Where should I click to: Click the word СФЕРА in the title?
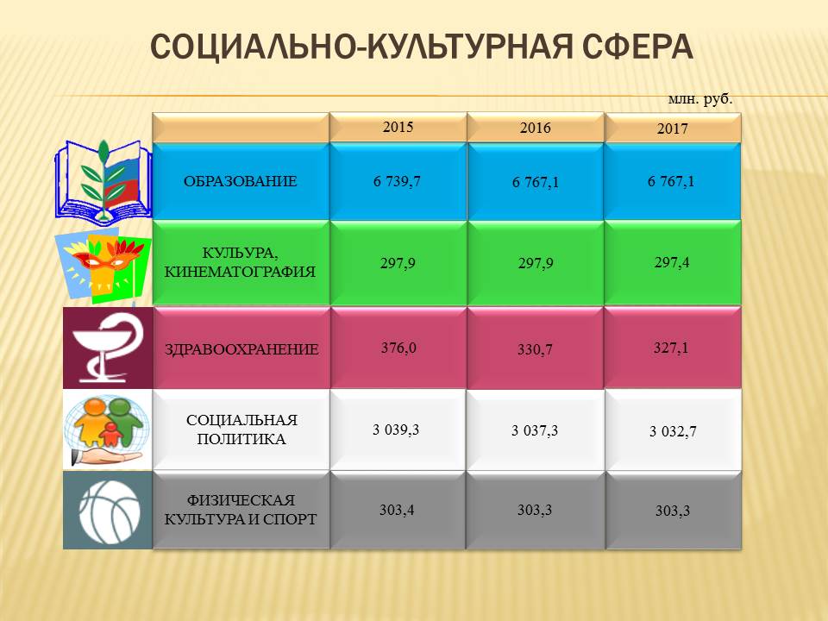[638, 47]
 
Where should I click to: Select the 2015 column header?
[398, 127]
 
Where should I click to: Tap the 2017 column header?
[672, 129]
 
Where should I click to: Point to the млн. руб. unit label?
[700, 99]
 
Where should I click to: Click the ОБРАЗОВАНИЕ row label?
[241, 181]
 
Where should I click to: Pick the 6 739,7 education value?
[397, 181]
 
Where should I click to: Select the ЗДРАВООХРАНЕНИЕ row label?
[241, 349]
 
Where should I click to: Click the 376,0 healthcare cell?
[398, 348]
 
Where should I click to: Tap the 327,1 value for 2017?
[671, 348]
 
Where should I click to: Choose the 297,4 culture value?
[672, 262]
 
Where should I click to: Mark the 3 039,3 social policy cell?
[396, 430]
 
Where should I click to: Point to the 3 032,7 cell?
[673, 431]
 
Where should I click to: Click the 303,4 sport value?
[397, 510]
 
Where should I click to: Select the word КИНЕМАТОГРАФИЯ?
[240, 272]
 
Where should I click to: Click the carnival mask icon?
[103, 266]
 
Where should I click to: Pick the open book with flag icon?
[103, 180]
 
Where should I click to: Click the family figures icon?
[107, 430]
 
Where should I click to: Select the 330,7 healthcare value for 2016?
[535, 349]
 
